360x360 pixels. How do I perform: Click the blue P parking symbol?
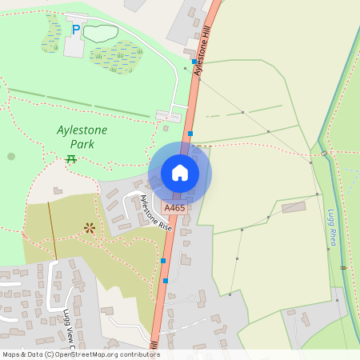point(76,30)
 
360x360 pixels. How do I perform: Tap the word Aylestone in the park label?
point(82,130)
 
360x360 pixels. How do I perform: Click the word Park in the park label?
point(82,144)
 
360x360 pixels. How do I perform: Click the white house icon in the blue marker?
point(180,172)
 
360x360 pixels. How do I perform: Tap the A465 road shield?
point(174,208)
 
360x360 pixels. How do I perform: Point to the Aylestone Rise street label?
point(156,214)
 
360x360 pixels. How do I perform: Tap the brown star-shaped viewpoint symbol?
point(90,228)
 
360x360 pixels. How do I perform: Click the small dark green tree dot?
point(11,156)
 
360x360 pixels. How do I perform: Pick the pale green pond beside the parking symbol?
point(101,33)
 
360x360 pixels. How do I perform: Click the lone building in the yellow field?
point(294,208)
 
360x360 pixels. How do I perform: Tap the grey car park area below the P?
point(74,46)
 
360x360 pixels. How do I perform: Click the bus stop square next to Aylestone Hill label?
point(194,61)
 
